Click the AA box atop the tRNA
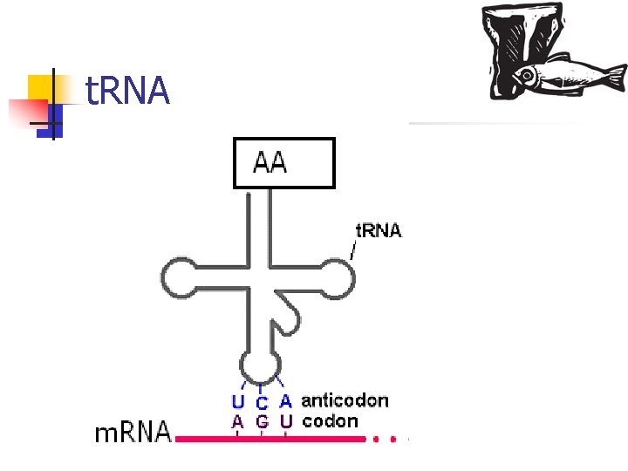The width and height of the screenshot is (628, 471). (283, 162)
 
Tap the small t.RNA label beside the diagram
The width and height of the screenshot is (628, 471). (378, 231)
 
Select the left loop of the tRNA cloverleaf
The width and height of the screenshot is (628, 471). (180, 280)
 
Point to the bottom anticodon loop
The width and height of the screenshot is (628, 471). (260, 365)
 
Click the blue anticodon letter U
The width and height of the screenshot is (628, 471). (237, 403)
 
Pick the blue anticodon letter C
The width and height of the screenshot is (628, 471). (262, 404)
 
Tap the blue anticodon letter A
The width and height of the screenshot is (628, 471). (285, 402)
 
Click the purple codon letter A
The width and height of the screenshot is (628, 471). (237, 421)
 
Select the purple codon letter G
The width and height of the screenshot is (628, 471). (262, 422)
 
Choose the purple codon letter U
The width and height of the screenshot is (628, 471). (286, 421)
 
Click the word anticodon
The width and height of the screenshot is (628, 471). (345, 401)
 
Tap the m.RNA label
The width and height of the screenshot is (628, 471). (133, 433)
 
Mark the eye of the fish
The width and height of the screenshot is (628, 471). (528, 75)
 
